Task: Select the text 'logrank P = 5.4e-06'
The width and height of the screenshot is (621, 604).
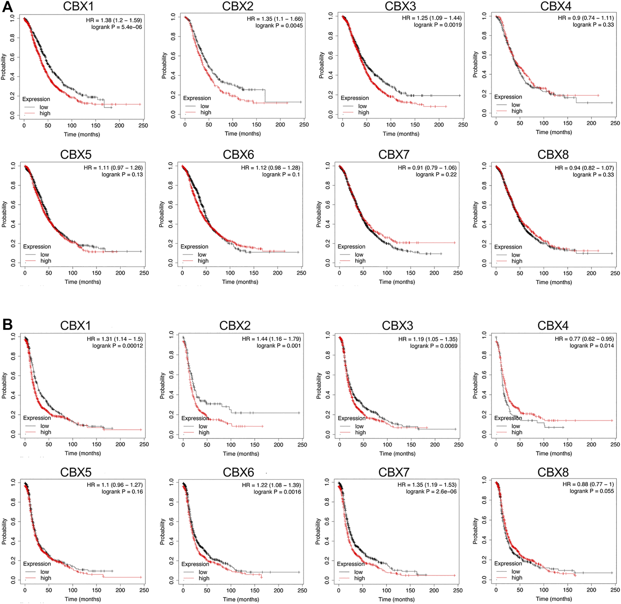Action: coord(116,27)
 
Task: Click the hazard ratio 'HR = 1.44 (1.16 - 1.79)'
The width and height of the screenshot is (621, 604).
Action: coord(271,339)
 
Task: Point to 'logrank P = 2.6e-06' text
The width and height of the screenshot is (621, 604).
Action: coord(431,491)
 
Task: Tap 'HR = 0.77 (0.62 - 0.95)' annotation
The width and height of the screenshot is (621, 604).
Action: coord(584,339)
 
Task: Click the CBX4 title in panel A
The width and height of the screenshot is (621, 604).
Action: coord(553,6)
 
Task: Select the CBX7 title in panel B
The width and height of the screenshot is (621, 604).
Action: coord(394,472)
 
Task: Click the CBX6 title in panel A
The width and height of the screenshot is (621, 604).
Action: coord(239,155)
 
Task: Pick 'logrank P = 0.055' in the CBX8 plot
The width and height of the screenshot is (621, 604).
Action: coord(591,491)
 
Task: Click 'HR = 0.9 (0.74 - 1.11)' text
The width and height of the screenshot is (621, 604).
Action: coord(586,18)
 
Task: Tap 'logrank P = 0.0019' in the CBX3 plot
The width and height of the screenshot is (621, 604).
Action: coord(438,25)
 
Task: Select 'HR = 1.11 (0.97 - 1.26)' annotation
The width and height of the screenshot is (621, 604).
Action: coord(113,168)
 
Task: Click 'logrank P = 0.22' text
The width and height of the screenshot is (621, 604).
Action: coord(436,174)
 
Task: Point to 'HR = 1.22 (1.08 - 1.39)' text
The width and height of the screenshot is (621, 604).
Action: coord(271,485)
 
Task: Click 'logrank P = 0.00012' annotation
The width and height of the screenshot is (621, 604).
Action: coord(117,346)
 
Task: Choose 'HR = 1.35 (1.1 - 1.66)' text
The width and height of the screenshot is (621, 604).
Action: coord(274,18)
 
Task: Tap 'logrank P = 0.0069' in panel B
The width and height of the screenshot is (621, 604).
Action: coord(433,346)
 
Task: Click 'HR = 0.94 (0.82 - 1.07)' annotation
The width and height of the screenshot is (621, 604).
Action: coord(584,168)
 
